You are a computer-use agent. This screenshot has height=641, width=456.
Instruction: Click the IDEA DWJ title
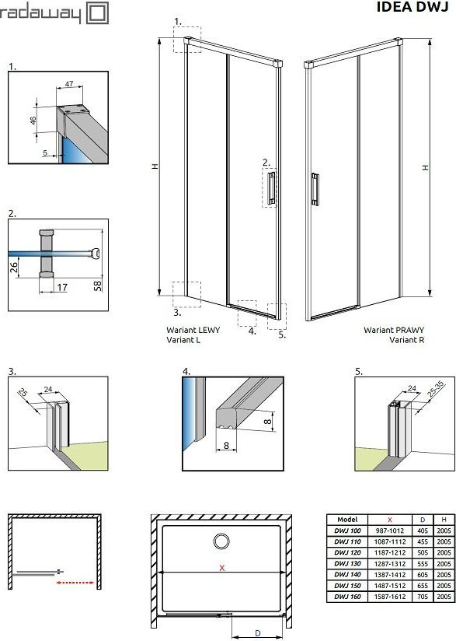(x=412, y=7)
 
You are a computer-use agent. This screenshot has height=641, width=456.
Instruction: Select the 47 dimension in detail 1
(x=69, y=84)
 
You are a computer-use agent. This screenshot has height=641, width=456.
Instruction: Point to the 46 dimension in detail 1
(x=33, y=120)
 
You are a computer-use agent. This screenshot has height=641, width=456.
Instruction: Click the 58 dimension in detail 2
(x=98, y=285)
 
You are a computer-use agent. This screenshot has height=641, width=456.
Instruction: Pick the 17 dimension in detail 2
(x=62, y=287)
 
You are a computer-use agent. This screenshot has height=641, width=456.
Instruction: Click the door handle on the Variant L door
(x=271, y=187)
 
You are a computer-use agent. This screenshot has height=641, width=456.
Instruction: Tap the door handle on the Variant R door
(x=315, y=189)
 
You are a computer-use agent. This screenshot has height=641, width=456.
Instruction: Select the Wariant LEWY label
(x=193, y=330)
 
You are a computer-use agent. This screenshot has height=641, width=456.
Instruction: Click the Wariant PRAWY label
(x=394, y=330)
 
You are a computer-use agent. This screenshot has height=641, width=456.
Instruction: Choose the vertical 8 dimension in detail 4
(x=268, y=421)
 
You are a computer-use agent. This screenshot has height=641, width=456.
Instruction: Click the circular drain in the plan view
(x=221, y=541)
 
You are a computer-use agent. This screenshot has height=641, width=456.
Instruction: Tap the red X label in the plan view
(x=222, y=568)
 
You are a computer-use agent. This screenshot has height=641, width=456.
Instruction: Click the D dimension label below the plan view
(x=258, y=632)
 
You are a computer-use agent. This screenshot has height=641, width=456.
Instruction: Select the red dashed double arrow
(x=75, y=583)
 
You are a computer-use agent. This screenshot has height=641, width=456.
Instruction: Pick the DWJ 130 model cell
(x=347, y=563)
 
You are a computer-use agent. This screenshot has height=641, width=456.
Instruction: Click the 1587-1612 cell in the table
(x=390, y=597)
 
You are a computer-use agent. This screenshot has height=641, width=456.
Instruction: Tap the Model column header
(x=347, y=520)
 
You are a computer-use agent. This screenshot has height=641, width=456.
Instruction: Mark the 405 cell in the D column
(x=423, y=531)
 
